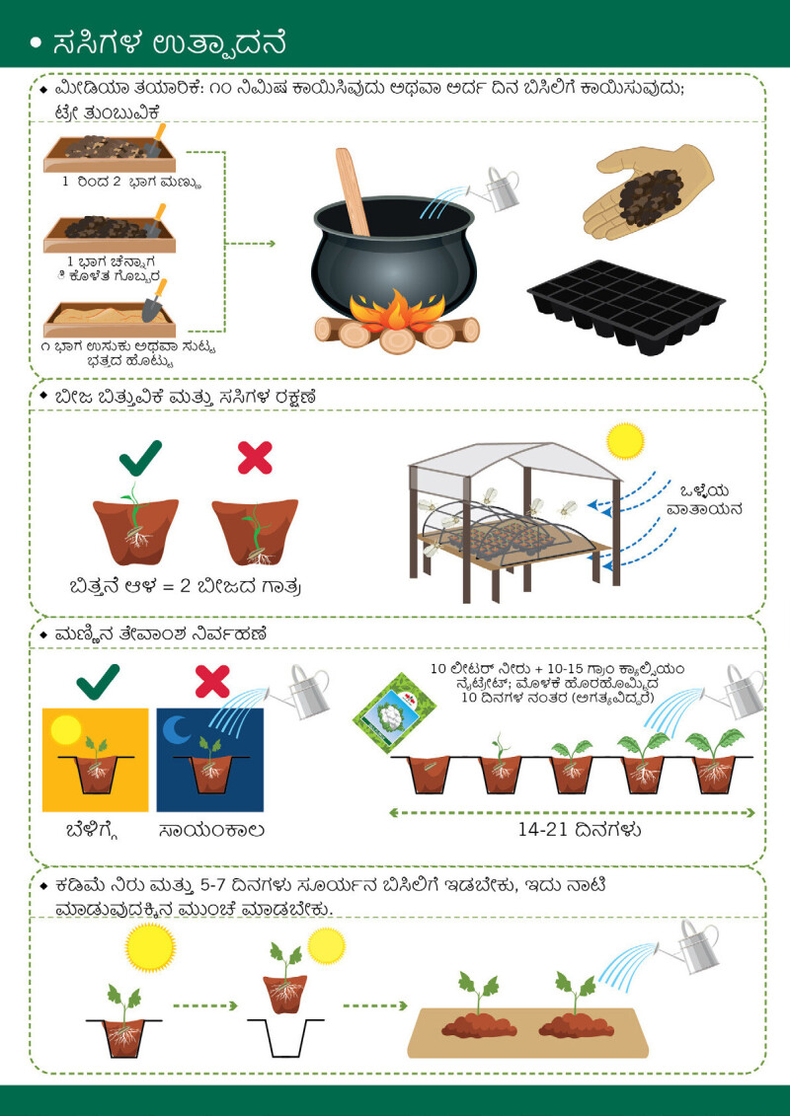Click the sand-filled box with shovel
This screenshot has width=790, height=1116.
pyautogui.click(x=110, y=312)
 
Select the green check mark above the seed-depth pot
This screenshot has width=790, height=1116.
pyautogui.click(x=140, y=457)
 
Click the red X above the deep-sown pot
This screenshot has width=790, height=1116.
pyautogui.click(x=255, y=457)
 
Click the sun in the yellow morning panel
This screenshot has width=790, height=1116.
pyautogui.click(x=65, y=729)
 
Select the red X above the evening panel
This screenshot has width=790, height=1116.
pyautogui.click(x=212, y=681)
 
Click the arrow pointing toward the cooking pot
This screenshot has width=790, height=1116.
pyautogui.click(x=249, y=244)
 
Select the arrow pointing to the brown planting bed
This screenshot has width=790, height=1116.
pyautogui.click(x=374, y=1005)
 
